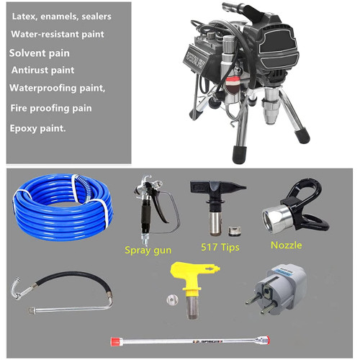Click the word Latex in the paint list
pos(24,17)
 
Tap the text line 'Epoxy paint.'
pos(37,129)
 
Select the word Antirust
pos(30,70)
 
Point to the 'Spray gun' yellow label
pos(148,251)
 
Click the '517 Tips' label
pos(220,247)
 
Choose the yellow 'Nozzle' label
pos(287,245)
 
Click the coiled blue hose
pos(63,207)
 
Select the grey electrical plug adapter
pos(279,289)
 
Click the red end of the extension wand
pos(114,341)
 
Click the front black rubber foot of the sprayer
pos(239,155)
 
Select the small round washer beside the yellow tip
pos(172,300)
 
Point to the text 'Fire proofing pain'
pos(51,108)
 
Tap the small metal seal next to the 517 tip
pos(233,230)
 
